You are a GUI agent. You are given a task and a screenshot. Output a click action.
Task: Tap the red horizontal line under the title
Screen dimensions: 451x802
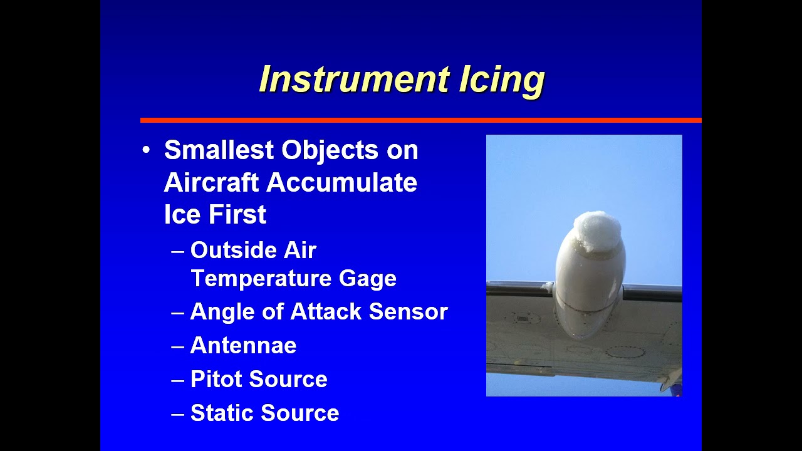click(420, 120)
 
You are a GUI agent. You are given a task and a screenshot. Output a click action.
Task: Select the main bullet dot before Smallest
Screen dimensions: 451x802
click(146, 150)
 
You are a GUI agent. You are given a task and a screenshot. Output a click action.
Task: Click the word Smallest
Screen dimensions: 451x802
click(218, 150)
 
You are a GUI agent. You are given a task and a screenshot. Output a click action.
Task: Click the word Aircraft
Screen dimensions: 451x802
click(211, 183)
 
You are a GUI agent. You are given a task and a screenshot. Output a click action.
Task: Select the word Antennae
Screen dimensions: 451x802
click(243, 346)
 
